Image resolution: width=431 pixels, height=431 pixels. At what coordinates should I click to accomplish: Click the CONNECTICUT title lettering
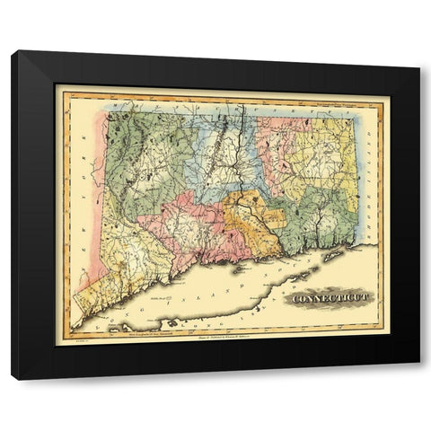pyautogui.click(x=326, y=296)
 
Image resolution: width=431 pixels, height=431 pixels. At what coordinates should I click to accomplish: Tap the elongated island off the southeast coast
pyautogui.click(x=333, y=257)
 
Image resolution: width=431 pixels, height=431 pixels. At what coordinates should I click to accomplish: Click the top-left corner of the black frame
pyautogui.click(x=13, y=52)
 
